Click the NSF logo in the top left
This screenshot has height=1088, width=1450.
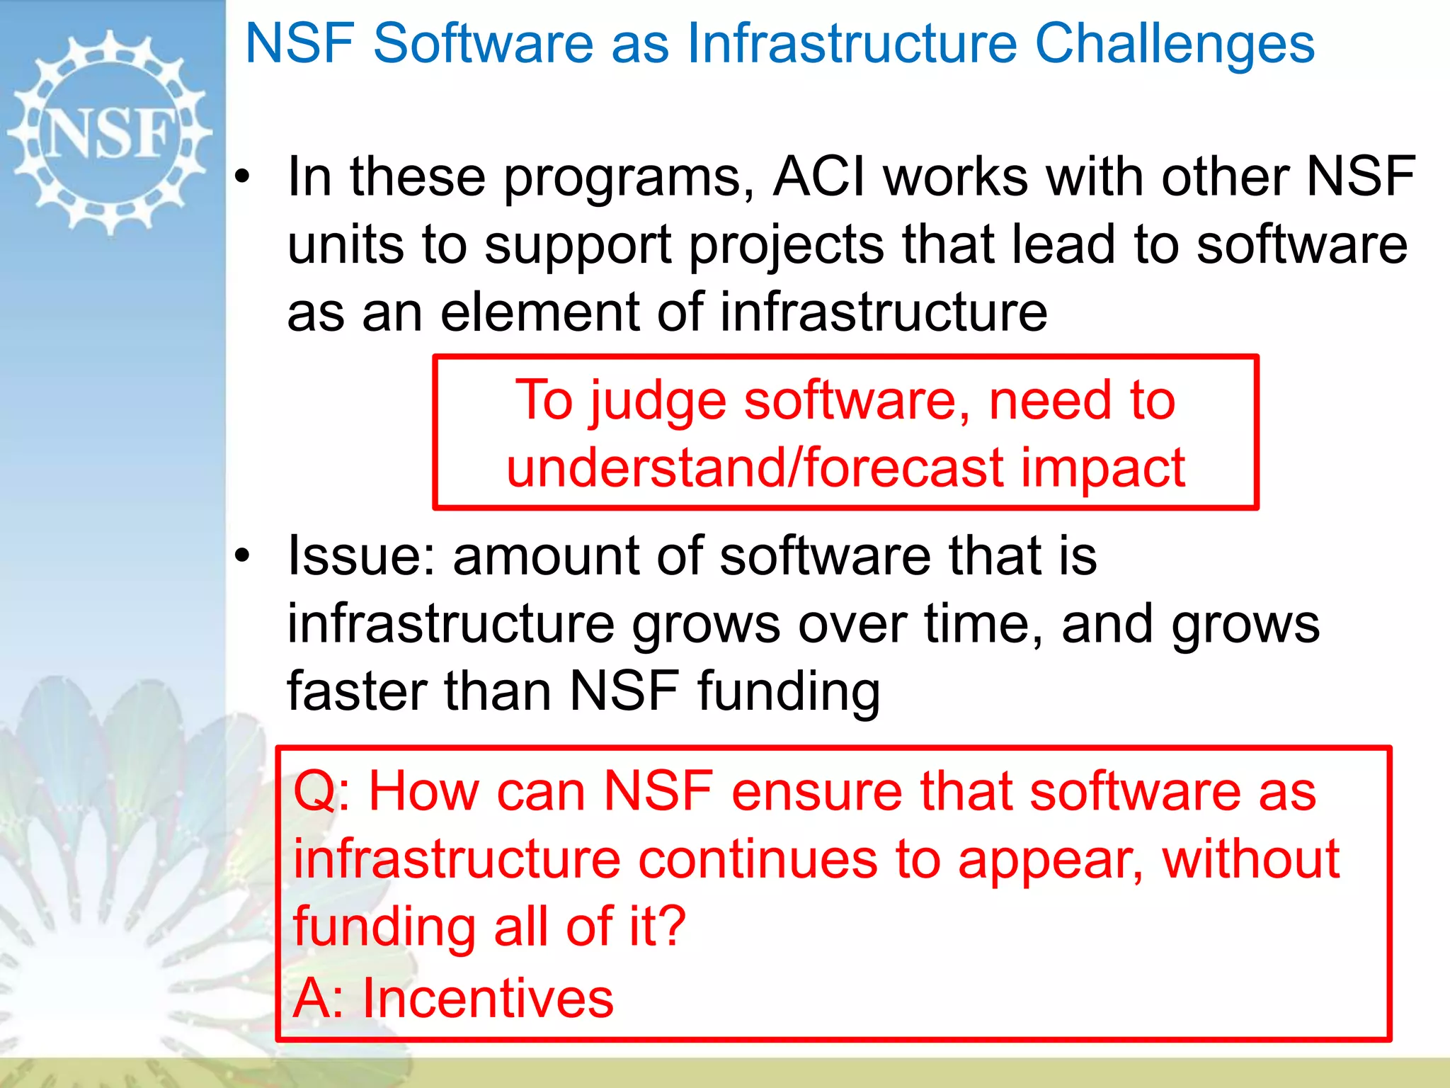click(x=110, y=132)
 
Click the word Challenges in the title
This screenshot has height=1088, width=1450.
click(x=1175, y=44)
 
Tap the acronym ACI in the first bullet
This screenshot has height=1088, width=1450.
click(x=819, y=177)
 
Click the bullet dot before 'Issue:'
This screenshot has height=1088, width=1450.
click(x=243, y=557)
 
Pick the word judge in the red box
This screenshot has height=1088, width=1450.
click(x=658, y=401)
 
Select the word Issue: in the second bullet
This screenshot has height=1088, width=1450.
click(x=360, y=556)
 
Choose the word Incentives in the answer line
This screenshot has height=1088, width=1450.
click(x=488, y=998)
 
